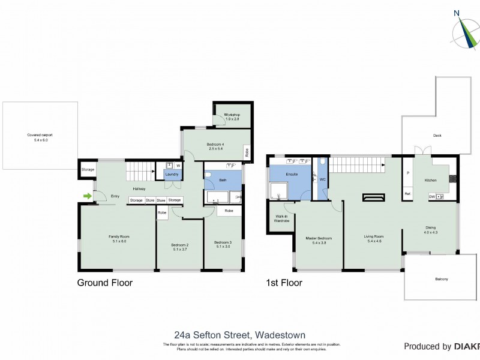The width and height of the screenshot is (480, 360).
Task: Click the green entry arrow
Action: (88, 196)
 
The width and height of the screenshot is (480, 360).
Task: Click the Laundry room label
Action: (171, 175)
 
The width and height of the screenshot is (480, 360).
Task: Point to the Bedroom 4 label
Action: (215, 145)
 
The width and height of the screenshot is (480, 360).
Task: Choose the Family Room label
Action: (119, 239)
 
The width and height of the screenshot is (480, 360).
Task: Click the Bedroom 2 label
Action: (179, 247)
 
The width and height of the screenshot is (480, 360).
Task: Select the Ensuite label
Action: (292, 175)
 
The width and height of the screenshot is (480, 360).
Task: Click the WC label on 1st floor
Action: (322, 179)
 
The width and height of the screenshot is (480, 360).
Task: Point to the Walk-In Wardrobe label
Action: (282, 218)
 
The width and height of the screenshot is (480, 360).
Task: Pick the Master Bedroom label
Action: (319, 240)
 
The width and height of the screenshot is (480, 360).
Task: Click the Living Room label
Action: (373, 238)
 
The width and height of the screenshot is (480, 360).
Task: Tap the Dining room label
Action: (431, 229)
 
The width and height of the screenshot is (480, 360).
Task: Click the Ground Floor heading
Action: (105, 283)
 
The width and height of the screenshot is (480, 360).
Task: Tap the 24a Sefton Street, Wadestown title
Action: (239, 335)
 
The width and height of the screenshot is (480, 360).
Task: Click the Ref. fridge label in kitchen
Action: (407, 193)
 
